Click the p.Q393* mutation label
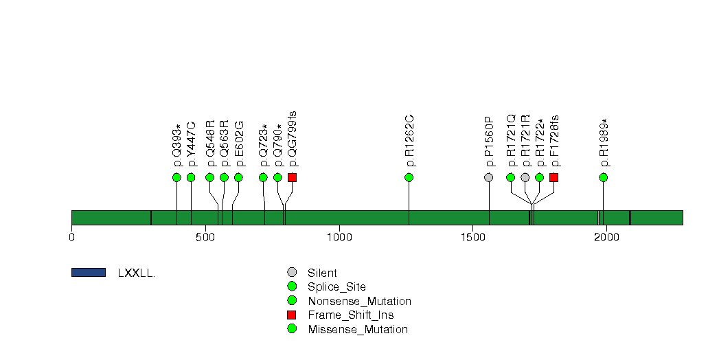coord(177,146)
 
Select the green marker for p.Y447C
coord(191,177)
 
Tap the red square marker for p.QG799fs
coord(292,177)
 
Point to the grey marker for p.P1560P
coord(489,177)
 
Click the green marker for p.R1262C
coord(409,177)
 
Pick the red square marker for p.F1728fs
coord(554,177)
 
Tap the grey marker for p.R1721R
coord(525,177)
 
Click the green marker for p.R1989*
coord(604,177)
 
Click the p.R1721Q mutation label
coord(512,141)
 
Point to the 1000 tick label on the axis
coord(339,237)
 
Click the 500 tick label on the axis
coord(205,237)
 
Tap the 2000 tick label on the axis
coord(606,237)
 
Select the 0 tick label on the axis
coord(71,237)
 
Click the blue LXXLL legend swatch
coord(89,273)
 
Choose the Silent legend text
coord(322,273)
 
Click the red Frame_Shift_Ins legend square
coord(292,315)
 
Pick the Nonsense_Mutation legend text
coord(360,302)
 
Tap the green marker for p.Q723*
coord(263,177)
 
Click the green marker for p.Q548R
coord(210,177)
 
